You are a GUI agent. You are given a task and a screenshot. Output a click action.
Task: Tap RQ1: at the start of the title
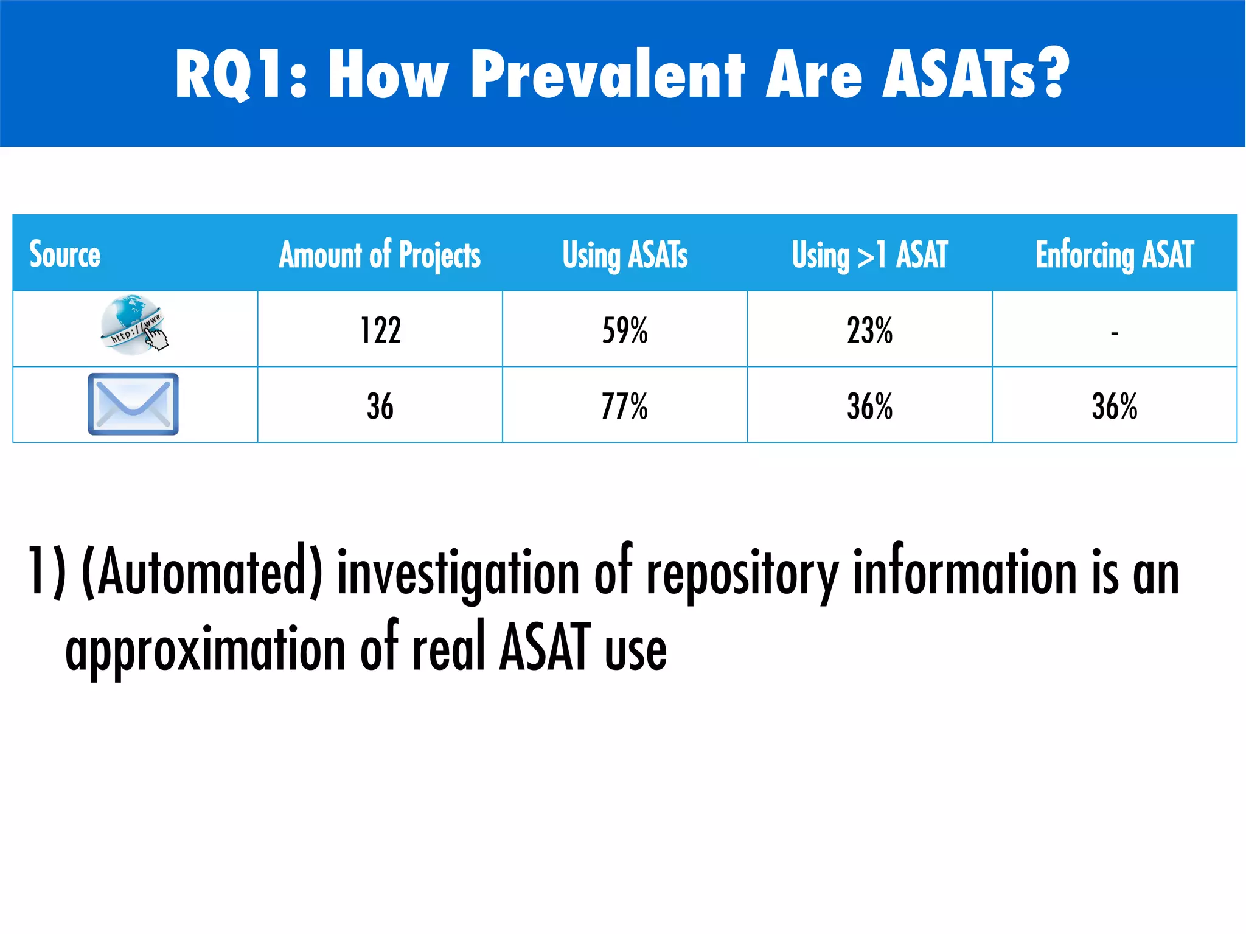(241, 74)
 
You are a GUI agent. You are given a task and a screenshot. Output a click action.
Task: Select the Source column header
(65, 254)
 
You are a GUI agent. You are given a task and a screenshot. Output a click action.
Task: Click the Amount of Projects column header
(380, 254)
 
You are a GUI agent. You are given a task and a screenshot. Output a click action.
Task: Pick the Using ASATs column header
(625, 254)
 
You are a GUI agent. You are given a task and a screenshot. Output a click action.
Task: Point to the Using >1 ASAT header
(869, 254)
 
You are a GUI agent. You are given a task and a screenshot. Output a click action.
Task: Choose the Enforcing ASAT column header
(1114, 254)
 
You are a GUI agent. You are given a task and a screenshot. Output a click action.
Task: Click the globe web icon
(133, 325)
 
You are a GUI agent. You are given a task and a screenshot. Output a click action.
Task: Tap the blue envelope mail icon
(133, 404)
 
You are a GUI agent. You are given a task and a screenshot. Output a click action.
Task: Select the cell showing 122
(380, 331)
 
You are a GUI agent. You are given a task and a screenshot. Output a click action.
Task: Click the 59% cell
(625, 331)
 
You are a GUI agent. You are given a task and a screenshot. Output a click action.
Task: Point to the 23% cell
(869, 331)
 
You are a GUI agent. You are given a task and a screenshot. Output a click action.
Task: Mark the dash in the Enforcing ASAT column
(1114, 333)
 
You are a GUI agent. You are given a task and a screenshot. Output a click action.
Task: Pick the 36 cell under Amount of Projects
(380, 406)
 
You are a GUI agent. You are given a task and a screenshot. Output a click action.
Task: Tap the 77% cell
(625, 406)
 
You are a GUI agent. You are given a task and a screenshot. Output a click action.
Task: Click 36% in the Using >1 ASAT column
(869, 406)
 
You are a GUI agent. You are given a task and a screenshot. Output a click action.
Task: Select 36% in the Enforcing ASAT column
(1114, 406)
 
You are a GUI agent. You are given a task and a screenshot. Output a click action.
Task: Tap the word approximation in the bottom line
(206, 650)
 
